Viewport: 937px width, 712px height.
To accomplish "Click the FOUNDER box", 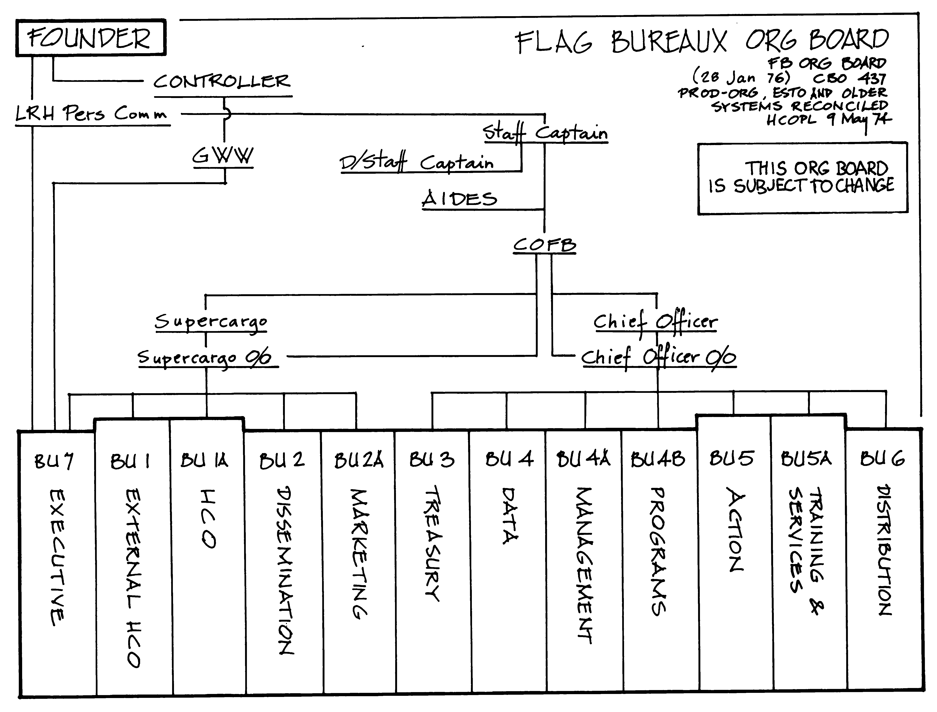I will click(x=90, y=38).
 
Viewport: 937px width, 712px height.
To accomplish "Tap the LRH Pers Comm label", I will click(x=91, y=114).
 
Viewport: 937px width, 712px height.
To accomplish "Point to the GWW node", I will click(x=223, y=156).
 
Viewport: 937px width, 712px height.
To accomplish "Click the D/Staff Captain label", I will click(x=417, y=163).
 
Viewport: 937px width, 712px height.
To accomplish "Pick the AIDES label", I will click(x=460, y=199).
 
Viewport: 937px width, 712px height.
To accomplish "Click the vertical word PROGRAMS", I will click(x=658, y=551).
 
